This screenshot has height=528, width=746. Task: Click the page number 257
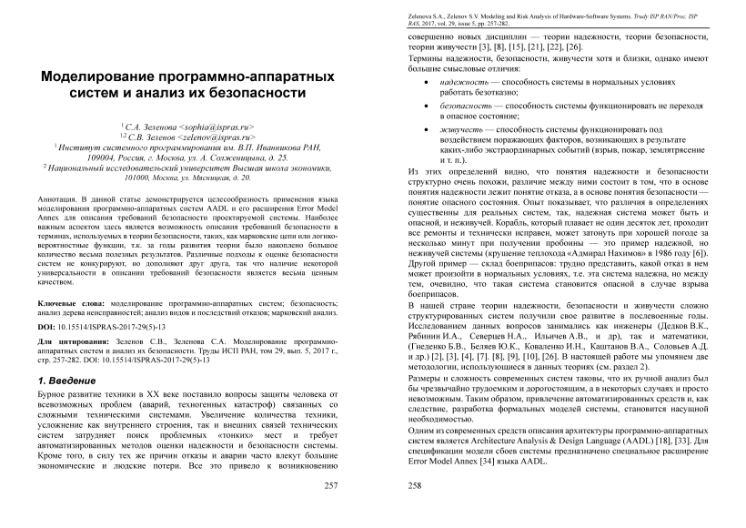tap(331, 485)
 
